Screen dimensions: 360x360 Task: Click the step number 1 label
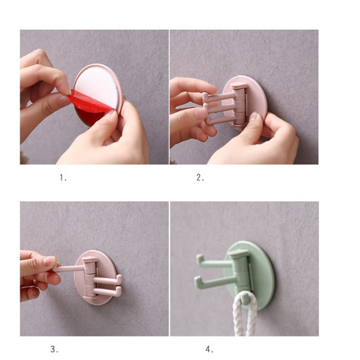click(63, 177)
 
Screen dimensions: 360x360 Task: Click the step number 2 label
click(200, 177)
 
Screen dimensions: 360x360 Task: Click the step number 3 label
click(54, 350)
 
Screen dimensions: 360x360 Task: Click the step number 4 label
click(209, 350)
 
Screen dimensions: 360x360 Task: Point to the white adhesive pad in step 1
click(98, 86)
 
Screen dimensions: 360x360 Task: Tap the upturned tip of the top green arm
click(200, 258)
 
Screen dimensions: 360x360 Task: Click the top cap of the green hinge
click(239, 254)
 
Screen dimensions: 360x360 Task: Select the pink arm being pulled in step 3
click(69, 268)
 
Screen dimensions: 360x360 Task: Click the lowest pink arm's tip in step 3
click(119, 291)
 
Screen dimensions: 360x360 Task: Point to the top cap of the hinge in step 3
click(90, 260)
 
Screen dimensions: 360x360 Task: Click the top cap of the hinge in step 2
click(239, 86)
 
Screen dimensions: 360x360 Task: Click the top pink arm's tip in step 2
click(205, 96)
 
